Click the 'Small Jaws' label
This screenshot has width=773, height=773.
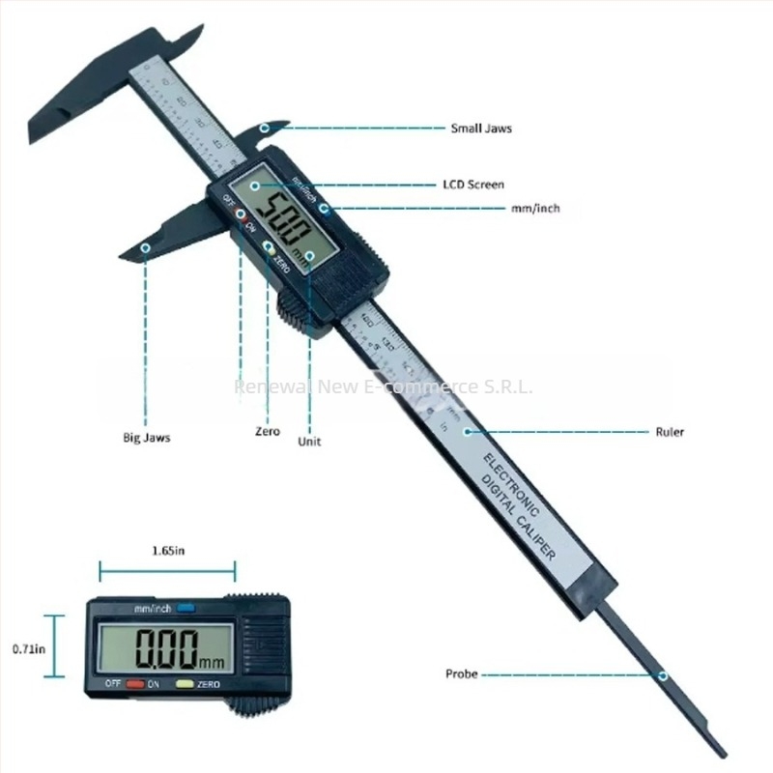pos(480,128)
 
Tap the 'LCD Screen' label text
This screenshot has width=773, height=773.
pos(472,184)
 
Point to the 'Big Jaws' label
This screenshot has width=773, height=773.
pos(147,438)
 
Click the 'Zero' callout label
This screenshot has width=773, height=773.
pos(268,432)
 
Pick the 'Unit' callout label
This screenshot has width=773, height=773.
pos(310,442)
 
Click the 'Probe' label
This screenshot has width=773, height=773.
pos(461,673)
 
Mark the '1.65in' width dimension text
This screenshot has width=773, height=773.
pos(169,551)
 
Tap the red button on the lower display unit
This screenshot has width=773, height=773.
pos(135,685)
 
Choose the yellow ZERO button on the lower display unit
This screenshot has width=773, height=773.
pos(185,685)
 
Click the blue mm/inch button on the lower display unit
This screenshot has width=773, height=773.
pos(186,608)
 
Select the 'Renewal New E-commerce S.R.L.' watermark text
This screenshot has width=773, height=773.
pos(385,387)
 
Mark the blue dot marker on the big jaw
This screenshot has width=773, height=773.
pos(146,248)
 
